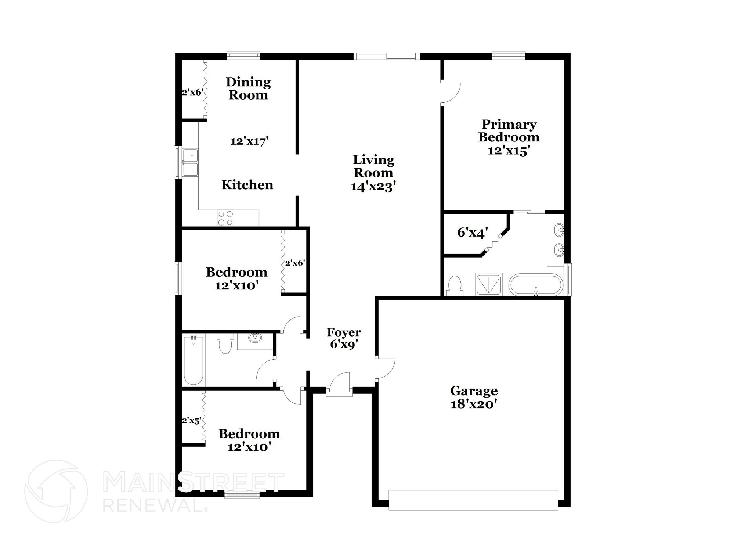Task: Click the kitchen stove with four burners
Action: [x=225, y=217]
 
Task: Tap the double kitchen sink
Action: [x=190, y=162]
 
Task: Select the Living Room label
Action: [x=373, y=166]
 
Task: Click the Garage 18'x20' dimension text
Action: [x=474, y=404]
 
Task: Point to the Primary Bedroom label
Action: [x=509, y=131]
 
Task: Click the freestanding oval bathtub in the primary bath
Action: [x=535, y=285]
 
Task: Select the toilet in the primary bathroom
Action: [x=455, y=285]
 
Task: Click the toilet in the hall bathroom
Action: [x=225, y=344]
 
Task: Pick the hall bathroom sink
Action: [x=254, y=338]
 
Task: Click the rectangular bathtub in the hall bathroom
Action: [x=193, y=360]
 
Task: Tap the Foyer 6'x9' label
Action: [x=344, y=338]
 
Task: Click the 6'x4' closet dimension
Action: [x=472, y=233]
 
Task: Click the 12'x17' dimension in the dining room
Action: [x=249, y=141]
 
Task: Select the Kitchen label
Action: [x=247, y=185]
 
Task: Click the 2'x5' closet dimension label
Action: [x=191, y=421]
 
